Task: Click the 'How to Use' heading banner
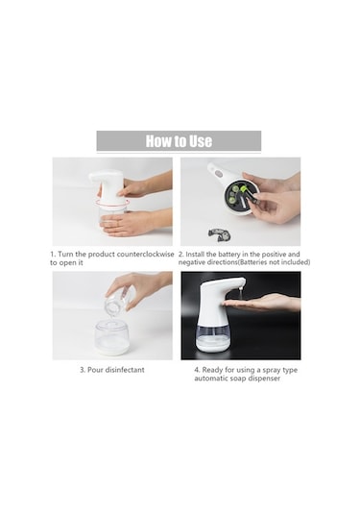179,141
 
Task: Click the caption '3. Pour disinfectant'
112,368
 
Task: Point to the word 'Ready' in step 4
216,368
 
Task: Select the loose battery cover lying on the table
222,232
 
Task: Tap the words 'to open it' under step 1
70,262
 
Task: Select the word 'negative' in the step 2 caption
193,262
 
